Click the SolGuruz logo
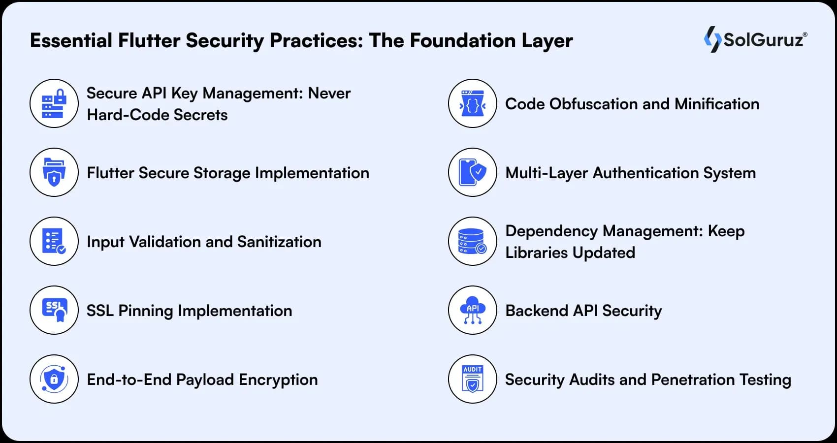[x=755, y=39]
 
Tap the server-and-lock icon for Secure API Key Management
[x=54, y=103]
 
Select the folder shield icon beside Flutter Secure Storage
[x=54, y=172]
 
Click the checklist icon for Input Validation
[x=54, y=241]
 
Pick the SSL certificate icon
[x=54, y=310]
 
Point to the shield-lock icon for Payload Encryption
[x=54, y=379]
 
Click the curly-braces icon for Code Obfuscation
[x=473, y=103]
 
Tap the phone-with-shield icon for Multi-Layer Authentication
[x=473, y=172]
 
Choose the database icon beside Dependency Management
[x=473, y=241]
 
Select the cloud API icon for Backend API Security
[x=473, y=310]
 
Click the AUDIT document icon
[x=473, y=379]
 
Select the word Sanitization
[x=279, y=242]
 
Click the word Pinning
[x=146, y=311]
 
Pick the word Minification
[x=717, y=104]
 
